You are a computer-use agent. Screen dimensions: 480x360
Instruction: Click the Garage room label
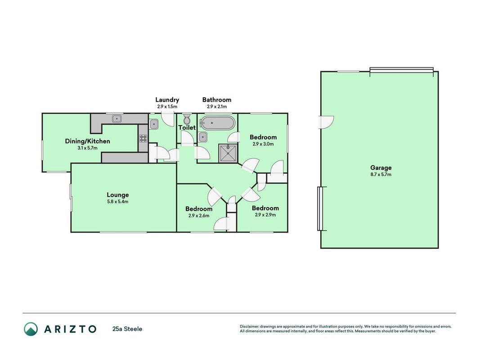(x=381, y=168)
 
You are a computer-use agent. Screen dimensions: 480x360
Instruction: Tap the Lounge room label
(x=117, y=195)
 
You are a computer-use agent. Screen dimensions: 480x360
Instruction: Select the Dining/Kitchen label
(x=87, y=141)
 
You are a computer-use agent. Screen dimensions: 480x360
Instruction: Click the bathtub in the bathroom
(x=217, y=123)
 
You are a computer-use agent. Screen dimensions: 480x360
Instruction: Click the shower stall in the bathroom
(x=228, y=153)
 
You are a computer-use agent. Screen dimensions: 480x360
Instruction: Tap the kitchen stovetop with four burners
(x=143, y=138)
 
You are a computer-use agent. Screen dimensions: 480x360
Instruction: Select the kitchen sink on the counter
(x=117, y=118)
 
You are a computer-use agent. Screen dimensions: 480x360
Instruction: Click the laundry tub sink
(x=154, y=124)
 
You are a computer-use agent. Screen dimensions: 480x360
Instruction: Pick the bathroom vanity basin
(x=203, y=137)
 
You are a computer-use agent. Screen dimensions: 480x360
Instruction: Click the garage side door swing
(x=326, y=122)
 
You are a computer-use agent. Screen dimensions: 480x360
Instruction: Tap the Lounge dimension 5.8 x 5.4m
(x=117, y=202)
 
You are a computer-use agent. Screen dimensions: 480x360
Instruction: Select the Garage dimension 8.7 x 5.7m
(x=381, y=175)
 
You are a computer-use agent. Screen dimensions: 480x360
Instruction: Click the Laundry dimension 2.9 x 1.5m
(x=167, y=107)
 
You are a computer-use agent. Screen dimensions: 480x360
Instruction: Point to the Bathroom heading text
(x=217, y=100)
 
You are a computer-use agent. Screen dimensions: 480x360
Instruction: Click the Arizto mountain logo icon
(x=31, y=329)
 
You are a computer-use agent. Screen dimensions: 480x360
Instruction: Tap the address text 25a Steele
(x=127, y=329)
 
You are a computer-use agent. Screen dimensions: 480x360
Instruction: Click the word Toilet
(x=187, y=127)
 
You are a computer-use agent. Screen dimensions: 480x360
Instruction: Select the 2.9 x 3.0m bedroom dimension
(x=263, y=144)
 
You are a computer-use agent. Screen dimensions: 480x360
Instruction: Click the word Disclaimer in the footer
(x=250, y=327)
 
